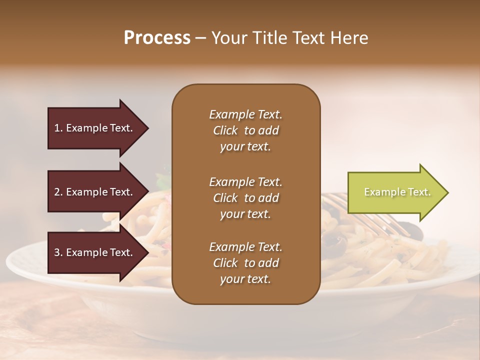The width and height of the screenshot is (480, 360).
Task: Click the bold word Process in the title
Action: pos(157,38)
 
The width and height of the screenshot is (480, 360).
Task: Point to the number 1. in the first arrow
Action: pos(58,128)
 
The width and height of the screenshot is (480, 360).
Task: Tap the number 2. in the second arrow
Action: pos(58,192)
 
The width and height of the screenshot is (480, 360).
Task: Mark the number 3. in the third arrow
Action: pos(58,252)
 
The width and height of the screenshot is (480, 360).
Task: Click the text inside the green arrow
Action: pos(397,192)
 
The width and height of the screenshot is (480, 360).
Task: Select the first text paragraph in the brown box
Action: pos(245,130)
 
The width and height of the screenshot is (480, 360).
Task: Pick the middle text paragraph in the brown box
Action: pos(245,198)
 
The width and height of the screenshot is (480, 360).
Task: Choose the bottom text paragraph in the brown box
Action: pos(245,263)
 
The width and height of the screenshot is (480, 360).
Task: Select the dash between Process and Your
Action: pos(200,38)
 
